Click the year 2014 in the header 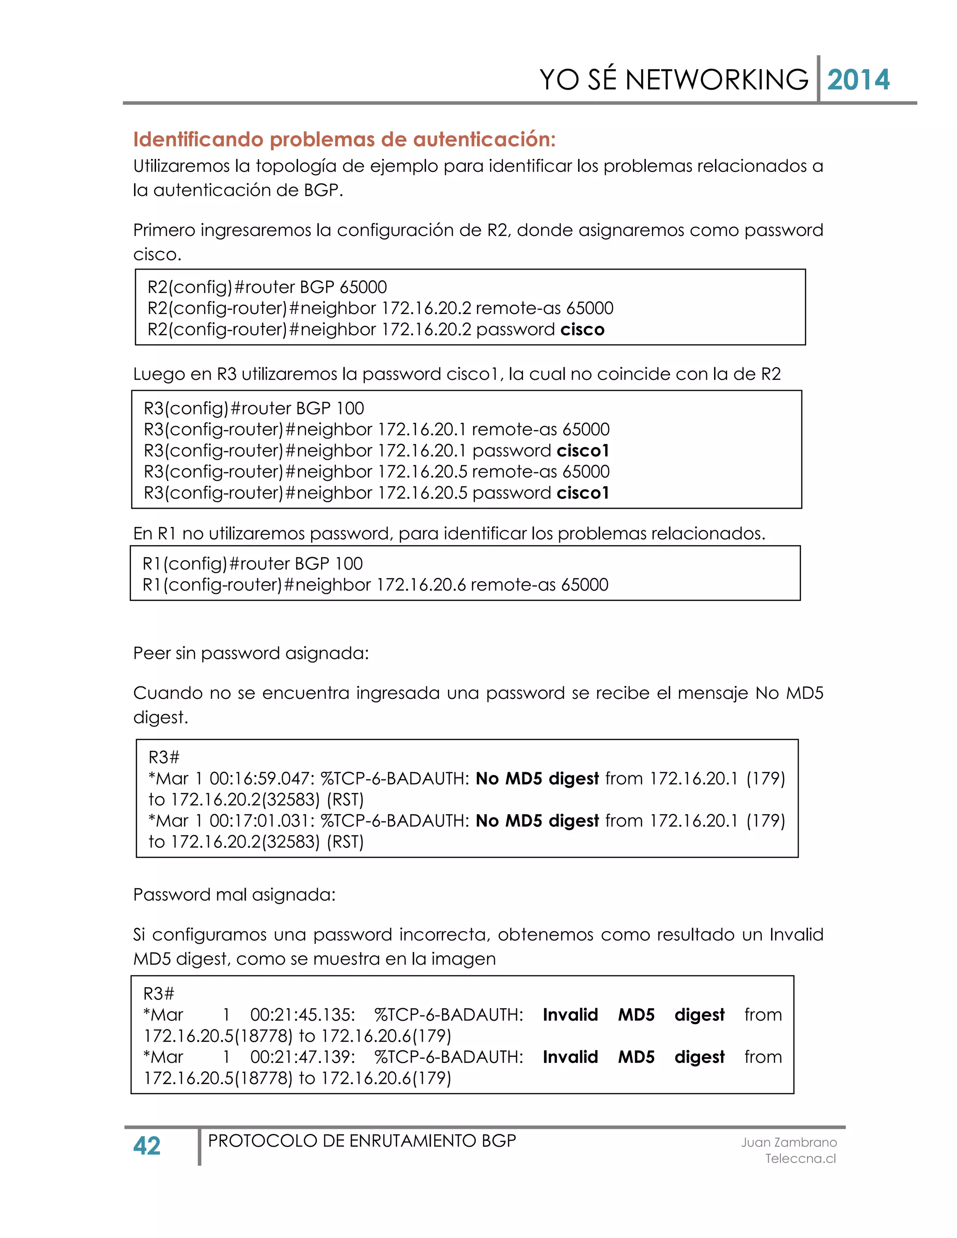click(858, 79)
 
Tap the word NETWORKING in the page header click(717, 79)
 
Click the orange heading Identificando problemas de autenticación click(344, 139)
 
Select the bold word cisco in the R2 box click(582, 329)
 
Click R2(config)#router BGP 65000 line click(267, 287)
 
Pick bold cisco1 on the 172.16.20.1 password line click(583, 451)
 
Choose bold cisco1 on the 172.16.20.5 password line click(583, 492)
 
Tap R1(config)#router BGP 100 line click(252, 563)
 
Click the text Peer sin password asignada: click(250, 653)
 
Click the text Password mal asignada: click(234, 895)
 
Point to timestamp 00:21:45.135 click(303, 1015)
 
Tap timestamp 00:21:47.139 click(303, 1057)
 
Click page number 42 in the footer click(147, 1146)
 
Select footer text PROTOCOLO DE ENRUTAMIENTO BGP click(362, 1140)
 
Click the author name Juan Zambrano click(789, 1142)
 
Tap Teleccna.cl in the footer click(800, 1158)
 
